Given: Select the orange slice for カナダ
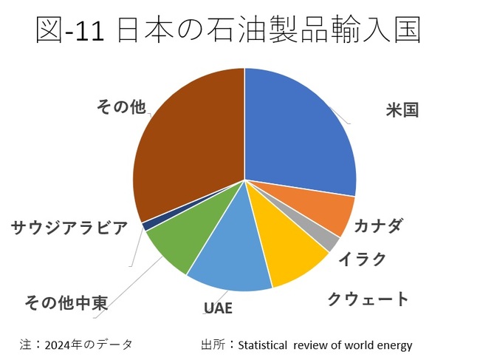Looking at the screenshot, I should coord(330,214).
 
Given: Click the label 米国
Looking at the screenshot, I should coord(402,112).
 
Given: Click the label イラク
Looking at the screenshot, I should coord(362,259).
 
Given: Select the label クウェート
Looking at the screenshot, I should coord(368,299).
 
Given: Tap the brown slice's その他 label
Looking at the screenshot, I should coord(121,107).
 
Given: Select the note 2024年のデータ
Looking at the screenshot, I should coord(89,344).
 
